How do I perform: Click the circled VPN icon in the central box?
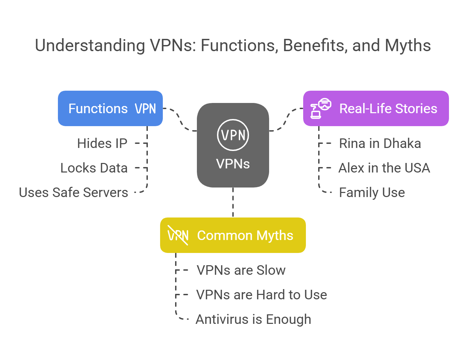233,135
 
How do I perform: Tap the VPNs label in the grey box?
233,164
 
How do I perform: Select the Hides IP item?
102,144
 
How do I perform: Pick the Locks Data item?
94,168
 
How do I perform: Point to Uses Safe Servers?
74,193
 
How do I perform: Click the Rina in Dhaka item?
380,144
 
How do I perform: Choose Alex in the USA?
384,168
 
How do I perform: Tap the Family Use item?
372,193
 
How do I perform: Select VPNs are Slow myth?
241,270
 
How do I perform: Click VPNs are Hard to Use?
262,295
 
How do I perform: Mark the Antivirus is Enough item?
253,319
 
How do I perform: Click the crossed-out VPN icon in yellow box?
178,235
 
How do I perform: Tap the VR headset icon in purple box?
321,108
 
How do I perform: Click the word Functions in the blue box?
98,109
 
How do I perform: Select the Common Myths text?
245,236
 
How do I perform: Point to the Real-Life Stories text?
388,109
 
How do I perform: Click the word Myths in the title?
408,46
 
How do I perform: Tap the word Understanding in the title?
90,46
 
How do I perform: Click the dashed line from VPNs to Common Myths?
233,202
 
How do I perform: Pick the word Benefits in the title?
314,46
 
